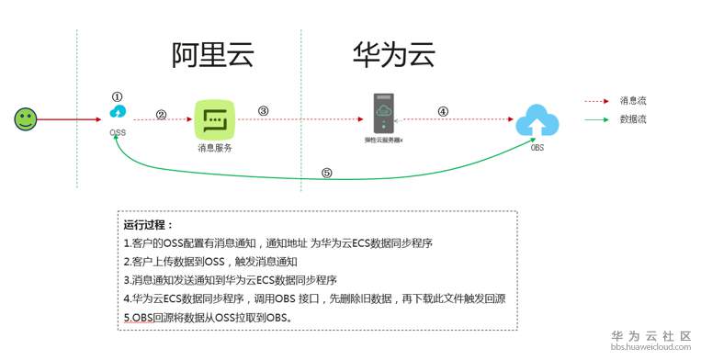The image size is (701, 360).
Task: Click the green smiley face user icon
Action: [x=26, y=118]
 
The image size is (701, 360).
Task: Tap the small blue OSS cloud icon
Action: [x=117, y=113]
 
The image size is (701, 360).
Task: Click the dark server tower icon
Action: [x=383, y=114]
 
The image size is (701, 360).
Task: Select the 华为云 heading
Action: [x=393, y=56]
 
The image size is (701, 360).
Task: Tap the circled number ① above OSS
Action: [x=117, y=96]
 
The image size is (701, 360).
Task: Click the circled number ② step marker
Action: [x=161, y=115]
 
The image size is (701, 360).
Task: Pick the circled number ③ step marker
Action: [x=263, y=111]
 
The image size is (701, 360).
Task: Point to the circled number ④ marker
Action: [x=443, y=112]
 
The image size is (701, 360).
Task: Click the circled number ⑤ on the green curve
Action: [x=326, y=173]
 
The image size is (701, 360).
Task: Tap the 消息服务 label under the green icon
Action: [x=215, y=147]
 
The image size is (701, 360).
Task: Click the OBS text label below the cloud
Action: [x=537, y=147]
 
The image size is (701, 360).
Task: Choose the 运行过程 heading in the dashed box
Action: [x=148, y=224]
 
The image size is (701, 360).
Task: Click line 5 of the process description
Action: [x=208, y=318]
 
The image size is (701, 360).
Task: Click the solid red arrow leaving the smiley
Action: [x=70, y=118]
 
